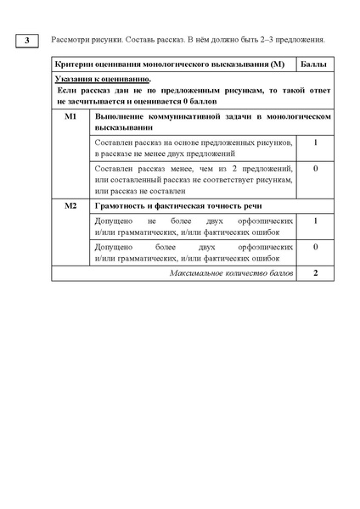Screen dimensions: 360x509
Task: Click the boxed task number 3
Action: click(28, 41)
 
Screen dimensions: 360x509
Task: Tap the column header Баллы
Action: click(316, 65)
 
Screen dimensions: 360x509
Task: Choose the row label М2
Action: click(70, 206)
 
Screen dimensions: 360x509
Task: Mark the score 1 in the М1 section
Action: click(315, 143)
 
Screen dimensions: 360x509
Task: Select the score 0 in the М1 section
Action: click(315, 169)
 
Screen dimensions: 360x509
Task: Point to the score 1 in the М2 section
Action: click(315, 221)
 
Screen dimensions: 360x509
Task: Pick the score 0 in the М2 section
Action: click(315, 246)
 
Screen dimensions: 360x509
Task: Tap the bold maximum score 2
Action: click(315, 274)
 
